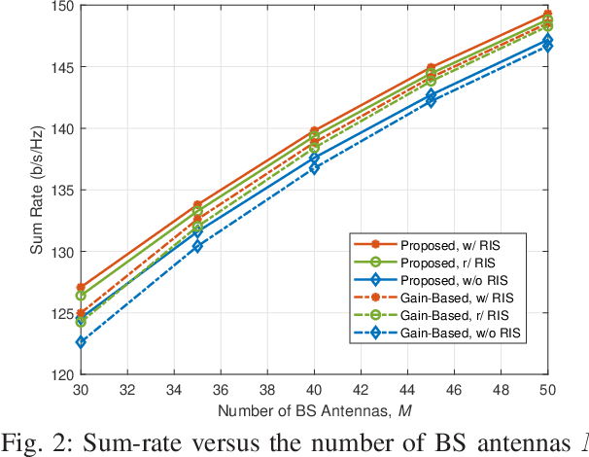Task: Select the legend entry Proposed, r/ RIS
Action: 449,263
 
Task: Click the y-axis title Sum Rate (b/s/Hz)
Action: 36,191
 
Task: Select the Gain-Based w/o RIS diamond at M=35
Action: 196,246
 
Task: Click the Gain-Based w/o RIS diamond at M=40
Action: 313,167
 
